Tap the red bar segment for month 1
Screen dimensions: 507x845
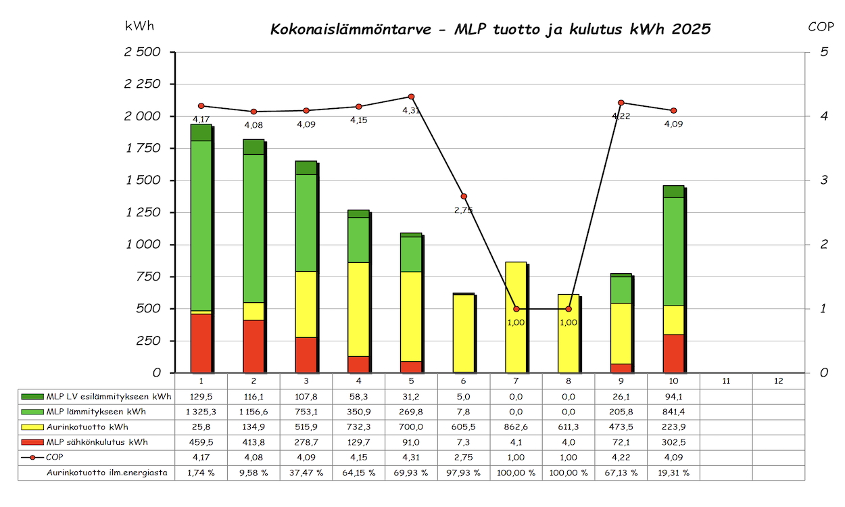point(201,343)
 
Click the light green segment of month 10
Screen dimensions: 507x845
point(673,251)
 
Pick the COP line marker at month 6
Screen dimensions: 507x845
point(464,196)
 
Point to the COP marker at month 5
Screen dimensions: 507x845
point(411,97)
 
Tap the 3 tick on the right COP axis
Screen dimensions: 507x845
point(823,180)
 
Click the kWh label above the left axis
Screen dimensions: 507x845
point(139,26)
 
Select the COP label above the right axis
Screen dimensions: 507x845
point(821,27)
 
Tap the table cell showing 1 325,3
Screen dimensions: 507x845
point(201,412)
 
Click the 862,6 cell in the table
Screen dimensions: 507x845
point(516,427)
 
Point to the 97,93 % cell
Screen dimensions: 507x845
point(463,473)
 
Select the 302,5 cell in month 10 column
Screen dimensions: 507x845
point(673,442)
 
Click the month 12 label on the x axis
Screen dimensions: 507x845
point(779,381)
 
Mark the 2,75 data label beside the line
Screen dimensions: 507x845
point(464,210)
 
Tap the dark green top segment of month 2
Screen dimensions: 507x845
point(254,147)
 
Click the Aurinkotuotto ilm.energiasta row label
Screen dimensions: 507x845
point(107,473)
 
